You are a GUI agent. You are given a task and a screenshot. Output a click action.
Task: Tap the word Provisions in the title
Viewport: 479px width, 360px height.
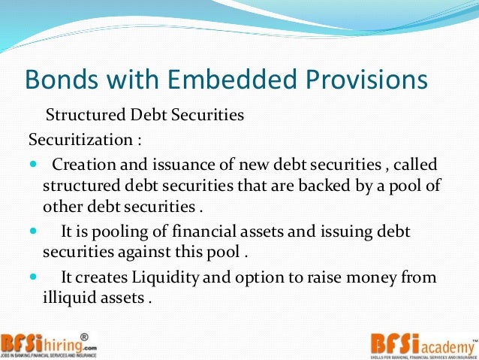pos(359,80)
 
